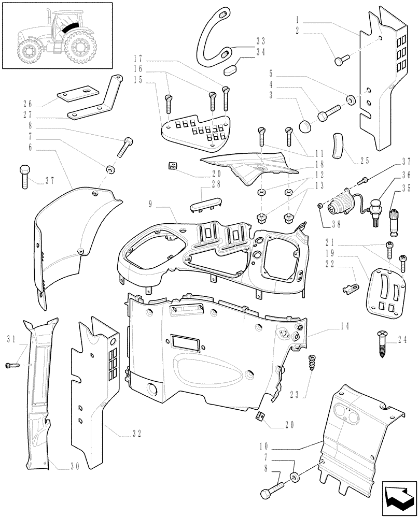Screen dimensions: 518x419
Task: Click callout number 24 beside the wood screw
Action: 403,340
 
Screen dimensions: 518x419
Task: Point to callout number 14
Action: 331,326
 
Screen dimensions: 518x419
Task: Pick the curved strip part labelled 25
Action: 339,146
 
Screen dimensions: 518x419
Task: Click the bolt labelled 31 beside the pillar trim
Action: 12,366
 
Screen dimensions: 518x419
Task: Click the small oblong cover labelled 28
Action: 203,207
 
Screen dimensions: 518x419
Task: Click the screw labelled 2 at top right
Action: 339,61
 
